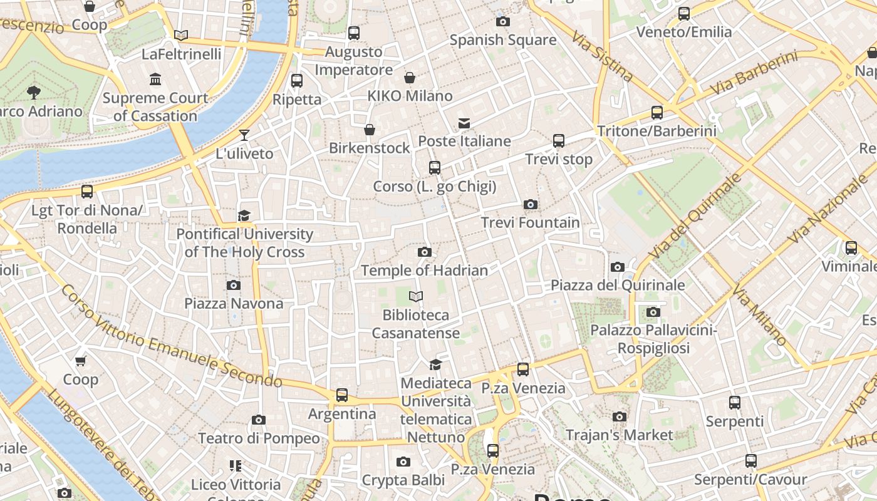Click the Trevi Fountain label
pyautogui.click(x=530, y=222)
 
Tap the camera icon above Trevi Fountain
pyautogui.click(x=530, y=204)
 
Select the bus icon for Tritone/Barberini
pyautogui.click(x=656, y=113)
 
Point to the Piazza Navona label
pyautogui.click(x=234, y=303)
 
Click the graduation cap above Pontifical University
pyautogui.click(x=244, y=215)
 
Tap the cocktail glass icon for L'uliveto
pyautogui.click(x=244, y=135)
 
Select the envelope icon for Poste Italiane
pyautogui.click(x=464, y=123)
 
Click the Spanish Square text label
pyautogui.click(x=503, y=40)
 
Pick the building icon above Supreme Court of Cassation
pyautogui.click(x=155, y=79)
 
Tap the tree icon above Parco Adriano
pyautogui.click(x=34, y=93)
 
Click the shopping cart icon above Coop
pyautogui.click(x=80, y=361)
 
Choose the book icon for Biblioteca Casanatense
pyautogui.click(x=416, y=296)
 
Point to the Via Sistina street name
pyautogui.click(x=602, y=56)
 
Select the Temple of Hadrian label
pyautogui.click(x=424, y=271)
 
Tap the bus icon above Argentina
pyautogui.click(x=341, y=395)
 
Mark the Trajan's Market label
pyautogui.click(x=619, y=435)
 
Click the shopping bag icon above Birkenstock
pyautogui.click(x=370, y=130)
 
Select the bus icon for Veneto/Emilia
pyautogui.click(x=683, y=13)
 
